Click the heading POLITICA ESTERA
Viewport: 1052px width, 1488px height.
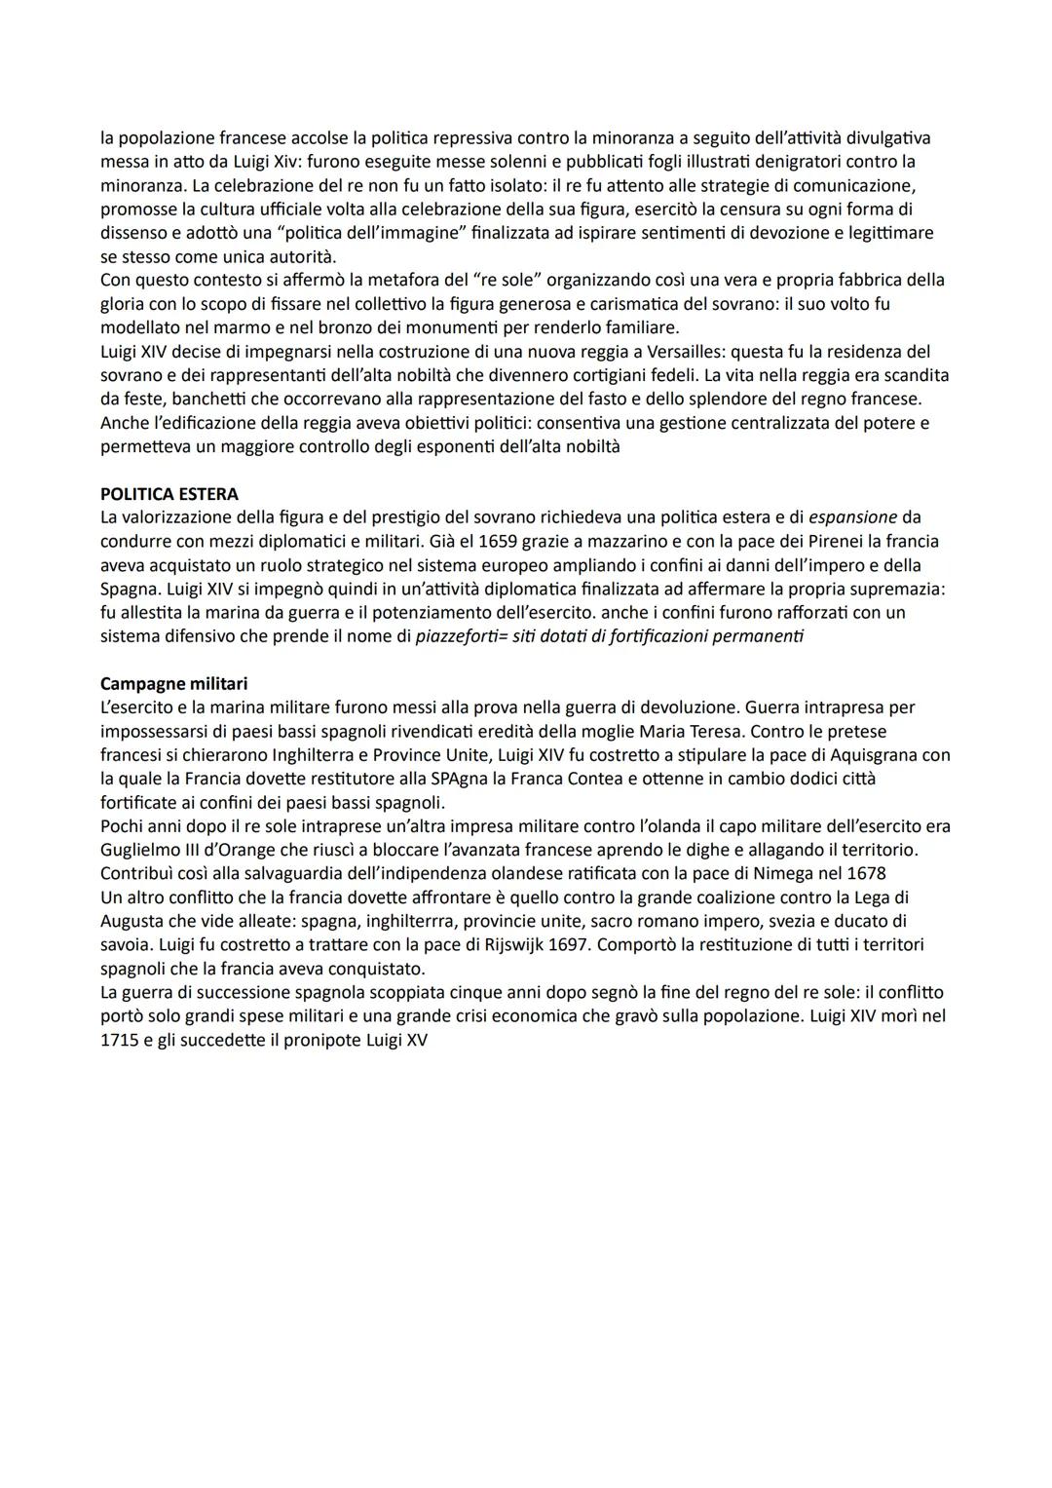click(x=169, y=494)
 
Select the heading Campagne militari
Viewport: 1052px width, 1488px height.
click(x=173, y=683)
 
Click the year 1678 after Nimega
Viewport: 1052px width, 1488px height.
click(x=866, y=874)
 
